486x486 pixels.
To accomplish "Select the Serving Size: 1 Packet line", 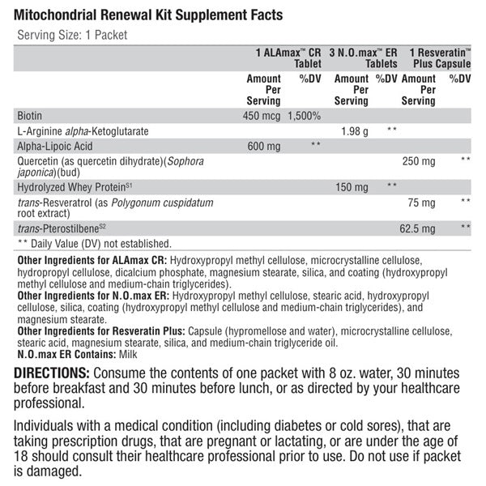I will click(72, 35).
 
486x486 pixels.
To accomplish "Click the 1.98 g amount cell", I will click(355, 130).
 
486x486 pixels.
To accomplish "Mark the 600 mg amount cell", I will click(263, 146).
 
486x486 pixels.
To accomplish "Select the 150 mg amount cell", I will click(352, 185).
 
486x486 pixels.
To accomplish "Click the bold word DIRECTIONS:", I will click(52, 373).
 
